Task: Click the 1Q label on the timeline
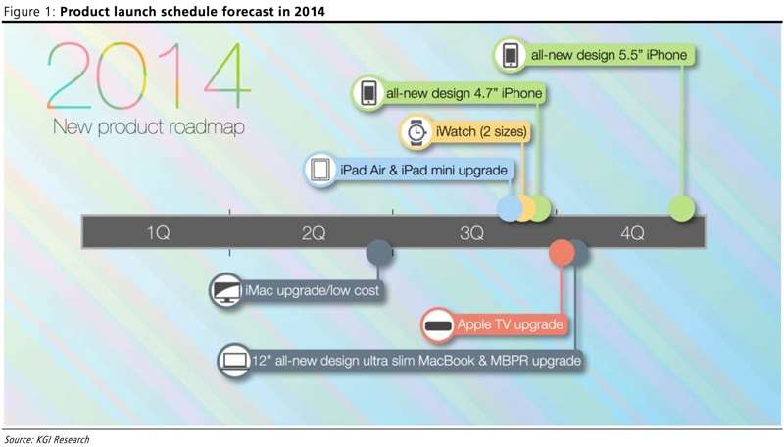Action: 158,232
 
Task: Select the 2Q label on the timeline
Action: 314,232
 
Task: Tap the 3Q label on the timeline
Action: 471,232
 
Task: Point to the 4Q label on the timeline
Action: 632,232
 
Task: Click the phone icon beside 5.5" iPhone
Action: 510,55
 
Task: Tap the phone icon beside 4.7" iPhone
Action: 369,93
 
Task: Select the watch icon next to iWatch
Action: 416,132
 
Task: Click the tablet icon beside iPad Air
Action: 320,170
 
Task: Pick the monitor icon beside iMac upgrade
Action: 226,290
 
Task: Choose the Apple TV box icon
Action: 438,325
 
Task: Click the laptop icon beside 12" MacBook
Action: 235,361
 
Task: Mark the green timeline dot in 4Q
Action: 682,208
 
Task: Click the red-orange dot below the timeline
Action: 562,252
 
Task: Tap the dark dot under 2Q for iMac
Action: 379,252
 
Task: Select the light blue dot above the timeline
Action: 510,208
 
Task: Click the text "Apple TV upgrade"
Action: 510,324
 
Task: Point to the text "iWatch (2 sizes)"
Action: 481,131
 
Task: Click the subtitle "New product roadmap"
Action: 149,126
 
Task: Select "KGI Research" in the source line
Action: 63,439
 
